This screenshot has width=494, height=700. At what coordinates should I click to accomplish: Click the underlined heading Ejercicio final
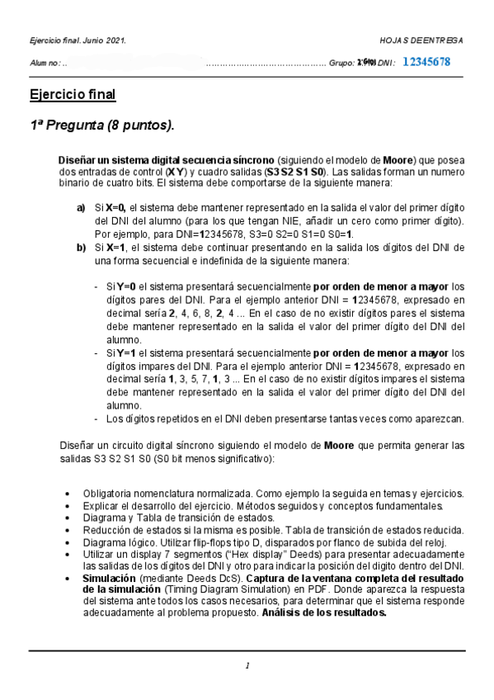click(x=72, y=94)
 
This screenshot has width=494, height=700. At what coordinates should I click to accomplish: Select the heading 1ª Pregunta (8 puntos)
click(x=102, y=125)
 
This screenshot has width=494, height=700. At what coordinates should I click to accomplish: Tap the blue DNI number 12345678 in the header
click(x=426, y=62)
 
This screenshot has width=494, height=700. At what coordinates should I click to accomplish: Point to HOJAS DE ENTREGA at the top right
click(x=421, y=40)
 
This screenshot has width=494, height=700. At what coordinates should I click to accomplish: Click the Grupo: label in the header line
click(x=341, y=63)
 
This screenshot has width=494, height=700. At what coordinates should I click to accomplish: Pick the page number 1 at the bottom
click(x=247, y=665)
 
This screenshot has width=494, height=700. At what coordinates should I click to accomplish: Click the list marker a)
click(x=81, y=209)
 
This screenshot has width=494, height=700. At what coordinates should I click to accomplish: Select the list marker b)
click(x=81, y=247)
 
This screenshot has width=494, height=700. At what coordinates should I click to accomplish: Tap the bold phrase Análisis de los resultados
click(x=324, y=613)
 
